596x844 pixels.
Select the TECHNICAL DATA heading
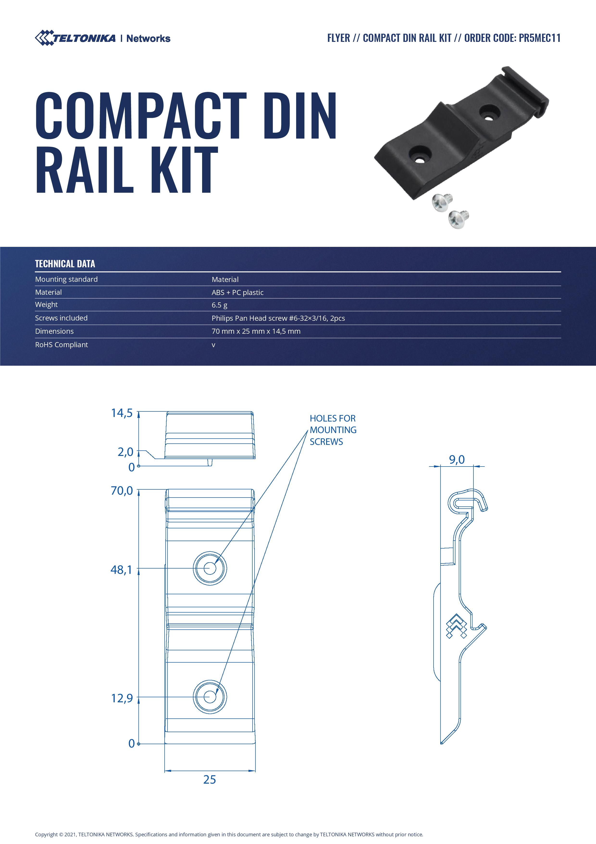65,263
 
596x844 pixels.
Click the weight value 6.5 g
219,305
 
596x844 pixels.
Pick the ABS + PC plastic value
237,292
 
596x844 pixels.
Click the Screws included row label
61,318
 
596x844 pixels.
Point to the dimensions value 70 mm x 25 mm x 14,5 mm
256,331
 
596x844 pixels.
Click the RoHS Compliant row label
61,345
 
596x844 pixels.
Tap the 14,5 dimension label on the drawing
122,413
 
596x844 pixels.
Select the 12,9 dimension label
122,698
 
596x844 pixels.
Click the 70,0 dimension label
122,491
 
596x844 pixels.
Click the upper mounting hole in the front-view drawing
210,568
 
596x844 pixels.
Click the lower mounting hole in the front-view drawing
210,697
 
